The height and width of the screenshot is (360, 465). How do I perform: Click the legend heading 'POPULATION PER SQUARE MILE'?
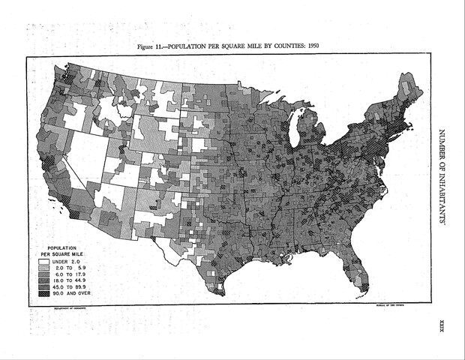point(68,250)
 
